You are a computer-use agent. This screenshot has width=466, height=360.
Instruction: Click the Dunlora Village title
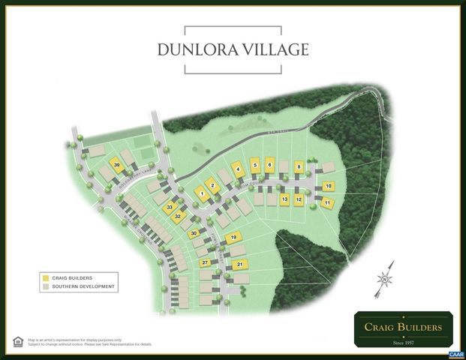pyautogui.click(x=233, y=50)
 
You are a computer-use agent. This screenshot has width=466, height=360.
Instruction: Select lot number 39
pyautogui.click(x=117, y=164)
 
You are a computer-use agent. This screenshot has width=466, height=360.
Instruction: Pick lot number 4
pyautogui.click(x=237, y=169)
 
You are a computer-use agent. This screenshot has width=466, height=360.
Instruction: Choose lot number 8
pyautogui.click(x=299, y=166)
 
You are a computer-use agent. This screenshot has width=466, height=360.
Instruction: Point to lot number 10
pyautogui.click(x=328, y=186)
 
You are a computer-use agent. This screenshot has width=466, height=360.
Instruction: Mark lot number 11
pyautogui.click(x=328, y=202)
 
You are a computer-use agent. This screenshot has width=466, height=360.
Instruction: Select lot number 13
pyautogui.click(x=284, y=199)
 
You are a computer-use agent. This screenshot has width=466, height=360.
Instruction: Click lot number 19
pyautogui.click(x=233, y=238)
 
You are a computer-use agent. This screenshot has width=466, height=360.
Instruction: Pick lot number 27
pyautogui.click(x=204, y=262)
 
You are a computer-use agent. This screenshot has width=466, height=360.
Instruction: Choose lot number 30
pyautogui.click(x=194, y=234)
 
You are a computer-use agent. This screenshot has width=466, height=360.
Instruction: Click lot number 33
pyautogui.click(x=170, y=207)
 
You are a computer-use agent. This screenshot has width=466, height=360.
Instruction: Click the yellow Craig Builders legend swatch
pyautogui.click(x=46, y=277)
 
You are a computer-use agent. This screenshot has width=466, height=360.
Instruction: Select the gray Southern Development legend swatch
pyautogui.click(x=46, y=286)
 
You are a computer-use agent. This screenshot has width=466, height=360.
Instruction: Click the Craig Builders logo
pyautogui.click(x=403, y=329)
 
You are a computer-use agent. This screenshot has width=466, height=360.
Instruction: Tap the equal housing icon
pyautogui.click(x=18, y=342)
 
